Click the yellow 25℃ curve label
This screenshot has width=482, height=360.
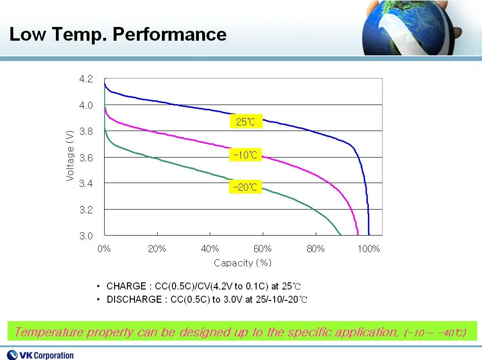[x=246, y=121]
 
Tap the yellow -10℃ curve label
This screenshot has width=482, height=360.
[x=245, y=155]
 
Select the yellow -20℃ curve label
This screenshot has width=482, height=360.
[x=245, y=186]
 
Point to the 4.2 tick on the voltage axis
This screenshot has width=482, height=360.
[x=86, y=79]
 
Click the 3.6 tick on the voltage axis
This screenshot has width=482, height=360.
[x=86, y=158]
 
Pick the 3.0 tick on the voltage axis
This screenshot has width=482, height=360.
[x=86, y=236]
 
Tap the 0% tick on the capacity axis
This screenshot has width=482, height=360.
[x=104, y=248]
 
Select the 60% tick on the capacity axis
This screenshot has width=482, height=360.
[x=262, y=248]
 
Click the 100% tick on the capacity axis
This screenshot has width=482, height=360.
[x=368, y=248]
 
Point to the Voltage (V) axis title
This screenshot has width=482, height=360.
[x=70, y=156]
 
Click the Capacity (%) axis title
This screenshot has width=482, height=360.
[x=242, y=263]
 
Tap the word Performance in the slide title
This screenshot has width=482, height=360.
[x=170, y=34]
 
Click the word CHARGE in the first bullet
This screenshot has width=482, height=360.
[x=126, y=286]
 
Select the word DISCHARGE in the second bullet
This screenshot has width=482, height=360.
[x=134, y=299]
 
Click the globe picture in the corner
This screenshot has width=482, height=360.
[x=411, y=27]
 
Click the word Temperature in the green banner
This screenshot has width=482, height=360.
[x=49, y=332]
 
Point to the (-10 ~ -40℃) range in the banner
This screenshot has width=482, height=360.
[x=435, y=333]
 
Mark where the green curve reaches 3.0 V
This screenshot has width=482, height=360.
[x=340, y=235]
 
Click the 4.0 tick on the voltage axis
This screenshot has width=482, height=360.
[x=86, y=105]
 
